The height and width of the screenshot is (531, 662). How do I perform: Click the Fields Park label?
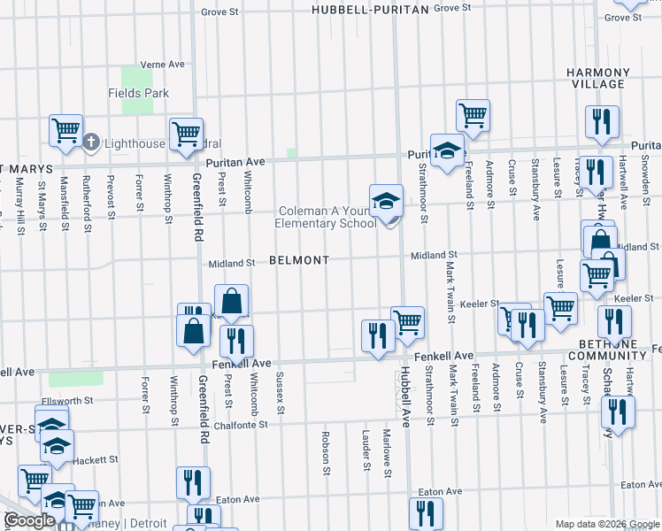(x=138, y=93)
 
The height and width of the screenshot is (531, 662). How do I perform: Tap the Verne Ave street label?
(x=162, y=65)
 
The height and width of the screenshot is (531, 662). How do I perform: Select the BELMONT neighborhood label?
(x=299, y=260)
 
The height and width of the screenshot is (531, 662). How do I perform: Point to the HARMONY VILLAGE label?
(x=597, y=78)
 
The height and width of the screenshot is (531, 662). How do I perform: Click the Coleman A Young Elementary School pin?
(x=386, y=203)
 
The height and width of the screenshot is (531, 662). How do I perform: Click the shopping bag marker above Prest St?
(x=231, y=303)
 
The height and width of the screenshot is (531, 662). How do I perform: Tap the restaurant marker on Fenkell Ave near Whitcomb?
(x=236, y=341)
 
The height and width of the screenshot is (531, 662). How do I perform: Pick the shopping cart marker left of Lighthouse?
(x=65, y=131)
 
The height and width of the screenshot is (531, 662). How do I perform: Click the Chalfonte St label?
(x=240, y=425)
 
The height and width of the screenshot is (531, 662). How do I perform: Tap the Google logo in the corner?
(x=29, y=520)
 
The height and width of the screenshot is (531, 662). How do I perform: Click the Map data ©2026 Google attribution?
(x=606, y=524)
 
